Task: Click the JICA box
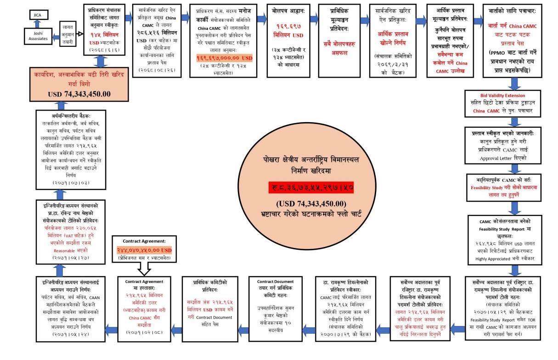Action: [38, 15]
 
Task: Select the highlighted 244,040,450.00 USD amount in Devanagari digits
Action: [144, 250]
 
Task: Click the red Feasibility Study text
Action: [490, 188]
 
